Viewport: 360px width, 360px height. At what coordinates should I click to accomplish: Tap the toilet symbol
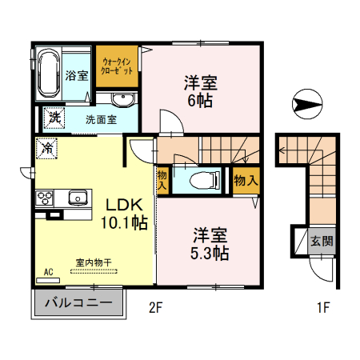[x=205, y=180]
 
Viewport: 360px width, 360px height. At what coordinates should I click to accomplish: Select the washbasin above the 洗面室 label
[x=122, y=100]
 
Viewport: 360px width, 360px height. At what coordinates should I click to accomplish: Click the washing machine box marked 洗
[x=54, y=118]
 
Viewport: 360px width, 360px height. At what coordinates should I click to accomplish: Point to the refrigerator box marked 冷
[x=46, y=148]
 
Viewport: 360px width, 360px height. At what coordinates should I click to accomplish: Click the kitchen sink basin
[x=78, y=198]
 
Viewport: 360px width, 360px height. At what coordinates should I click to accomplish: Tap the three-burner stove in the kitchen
[x=45, y=198]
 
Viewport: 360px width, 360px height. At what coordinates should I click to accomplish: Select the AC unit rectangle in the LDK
[x=48, y=280]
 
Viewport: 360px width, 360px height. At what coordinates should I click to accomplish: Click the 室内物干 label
[x=94, y=262]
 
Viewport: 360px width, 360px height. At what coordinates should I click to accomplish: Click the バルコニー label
[x=78, y=303]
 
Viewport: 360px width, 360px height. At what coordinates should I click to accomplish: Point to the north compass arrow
[x=306, y=104]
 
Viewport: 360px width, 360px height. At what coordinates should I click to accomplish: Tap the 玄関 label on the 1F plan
[x=322, y=241]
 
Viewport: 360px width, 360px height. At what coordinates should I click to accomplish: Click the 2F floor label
[x=155, y=308]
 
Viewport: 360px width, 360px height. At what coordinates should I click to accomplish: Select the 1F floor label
[x=323, y=307]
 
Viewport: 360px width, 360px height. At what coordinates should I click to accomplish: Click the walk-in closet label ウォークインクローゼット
[x=117, y=66]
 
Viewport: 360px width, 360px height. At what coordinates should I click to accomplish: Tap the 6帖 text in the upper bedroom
[x=200, y=101]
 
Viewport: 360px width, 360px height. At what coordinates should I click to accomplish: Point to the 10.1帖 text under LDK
[x=124, y=222]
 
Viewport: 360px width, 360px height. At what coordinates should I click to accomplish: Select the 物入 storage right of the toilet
[x=246, y=181]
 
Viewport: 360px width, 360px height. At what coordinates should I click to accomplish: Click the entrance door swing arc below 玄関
[x=319, y=274]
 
